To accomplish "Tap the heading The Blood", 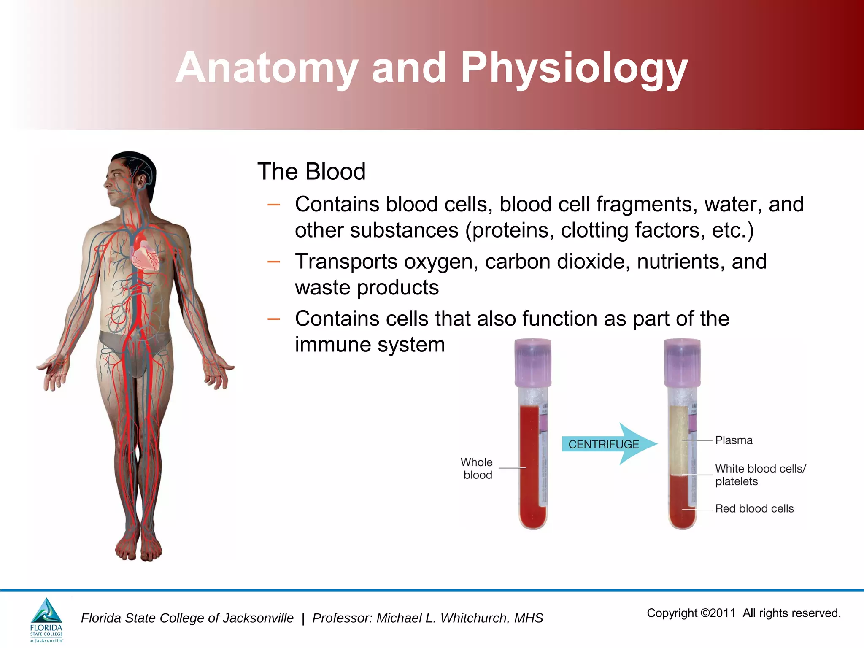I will click(x=311, y=172).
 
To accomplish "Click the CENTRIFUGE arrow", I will click(x=607, y=444).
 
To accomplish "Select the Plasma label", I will click(x=734, y=440).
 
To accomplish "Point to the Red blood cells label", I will click(x=754, y=509).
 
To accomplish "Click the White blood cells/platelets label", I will click(x=760, y=475).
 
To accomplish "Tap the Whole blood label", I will click(x=477, y=469).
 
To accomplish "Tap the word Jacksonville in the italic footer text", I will click(x=258, y=618).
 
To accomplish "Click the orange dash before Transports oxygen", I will click(x=274, y=262).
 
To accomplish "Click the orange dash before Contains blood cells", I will click(x=274, y=205).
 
